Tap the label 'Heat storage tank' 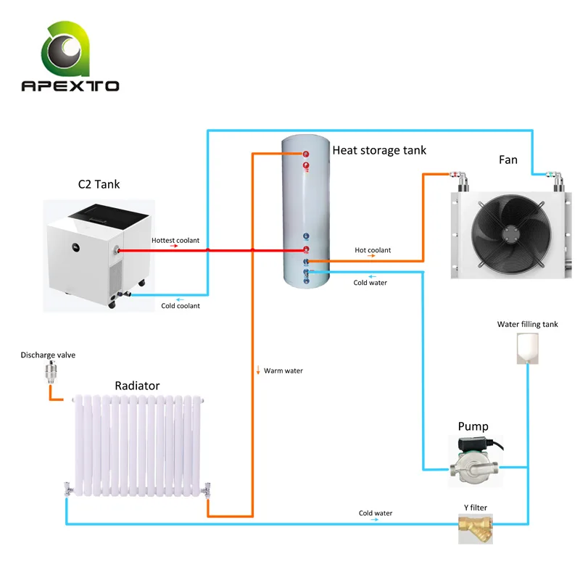(x=379, y=151)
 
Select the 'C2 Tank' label (x=99, y=184)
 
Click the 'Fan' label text (x=508, y=159)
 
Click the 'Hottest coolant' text (x=175, y=240)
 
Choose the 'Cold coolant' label (x=181, y=306)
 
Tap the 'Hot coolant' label (x=373, y=250)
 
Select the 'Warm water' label (x=283, y=371)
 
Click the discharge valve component (x=50, y=374)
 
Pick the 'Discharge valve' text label (x=48, y=355)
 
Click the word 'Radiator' (x=137, y=386)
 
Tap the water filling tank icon (x=527, y=349)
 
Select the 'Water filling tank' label (x=528, y=325)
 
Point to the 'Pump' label (x=473, y=426)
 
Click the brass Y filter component (x=475, y=527)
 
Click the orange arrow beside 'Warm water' (x=257, y=371)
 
